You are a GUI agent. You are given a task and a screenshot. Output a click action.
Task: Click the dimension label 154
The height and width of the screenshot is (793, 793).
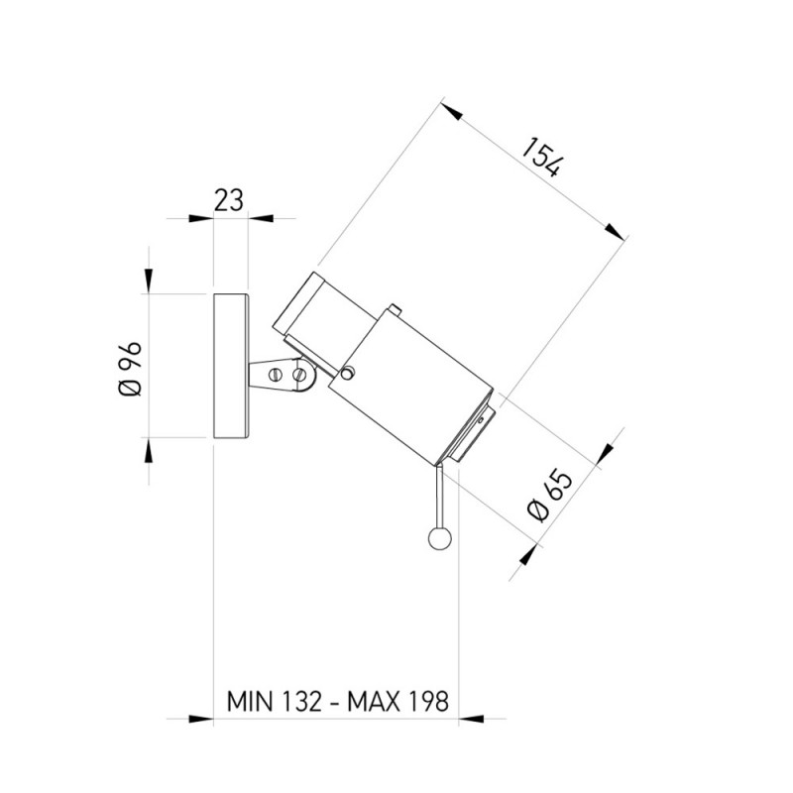tap(541, 158)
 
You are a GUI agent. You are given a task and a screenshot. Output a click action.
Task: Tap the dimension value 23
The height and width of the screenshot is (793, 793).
tap(229, 200)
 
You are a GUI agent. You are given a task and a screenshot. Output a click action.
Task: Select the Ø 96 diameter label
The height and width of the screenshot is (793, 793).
tap(130, 369)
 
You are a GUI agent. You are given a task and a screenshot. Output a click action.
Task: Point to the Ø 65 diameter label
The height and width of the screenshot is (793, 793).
tap(550, 497)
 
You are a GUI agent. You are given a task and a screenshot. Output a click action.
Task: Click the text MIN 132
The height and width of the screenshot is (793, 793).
tap(274, 702)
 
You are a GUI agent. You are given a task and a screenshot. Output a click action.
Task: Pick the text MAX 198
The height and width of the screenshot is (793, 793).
tap(398, 702)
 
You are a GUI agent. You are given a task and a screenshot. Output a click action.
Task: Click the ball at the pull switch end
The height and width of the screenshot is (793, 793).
tap(439, 539)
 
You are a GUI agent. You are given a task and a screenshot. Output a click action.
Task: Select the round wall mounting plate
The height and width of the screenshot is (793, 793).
tap(231, 366)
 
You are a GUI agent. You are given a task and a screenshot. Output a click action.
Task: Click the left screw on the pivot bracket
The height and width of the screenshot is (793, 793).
tap(276, 375)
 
